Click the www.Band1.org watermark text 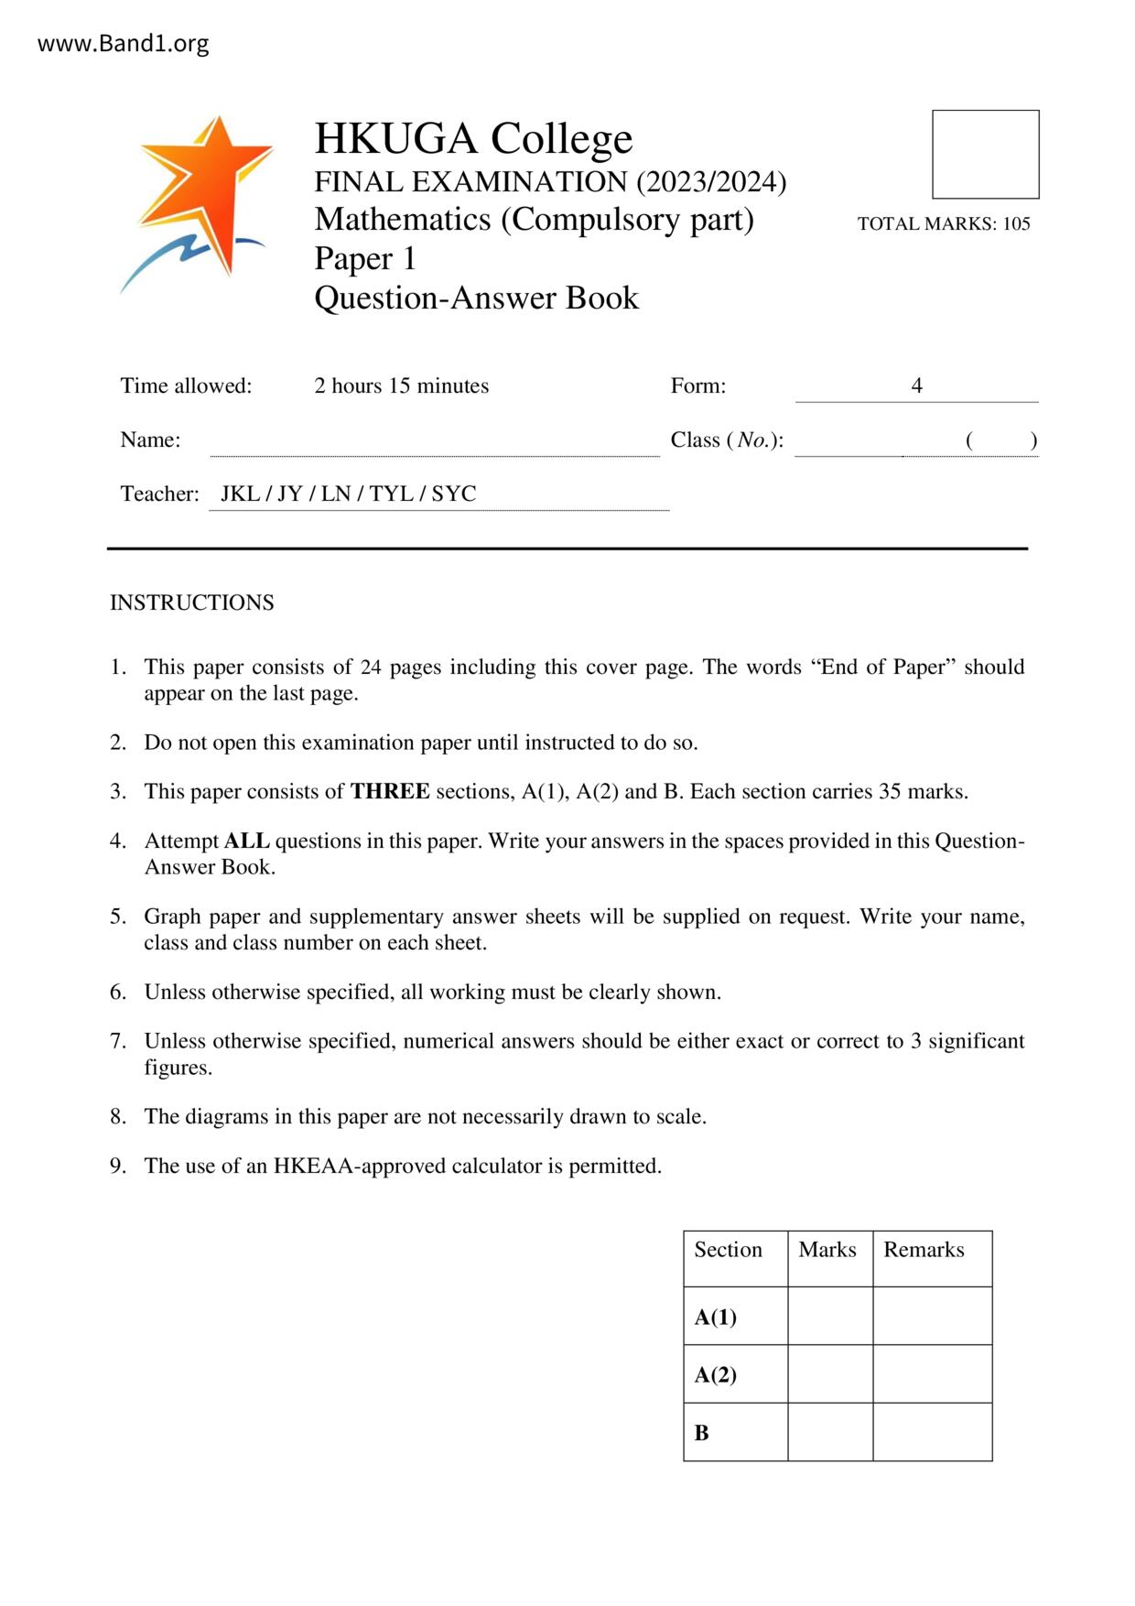click(123, 44)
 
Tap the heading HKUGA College click(473, 139)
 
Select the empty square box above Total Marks click(985, 154)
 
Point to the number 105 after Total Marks click(1016, 223)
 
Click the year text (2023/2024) click(711, 182)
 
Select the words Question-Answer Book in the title click(476, 298)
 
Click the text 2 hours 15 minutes click(401, 385)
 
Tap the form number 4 click(916, 385)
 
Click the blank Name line click(434, 441)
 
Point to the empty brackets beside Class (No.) click(1000, 440)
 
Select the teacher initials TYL click(391, 494)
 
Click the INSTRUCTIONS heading click(192, 602)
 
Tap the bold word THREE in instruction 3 click(390, 791)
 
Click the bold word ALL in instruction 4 click(246, 841)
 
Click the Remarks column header click(924, 1250)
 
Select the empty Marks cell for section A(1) click(829, 1316)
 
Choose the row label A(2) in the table click(715, 1374)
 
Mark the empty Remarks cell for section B click(932, 1432)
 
